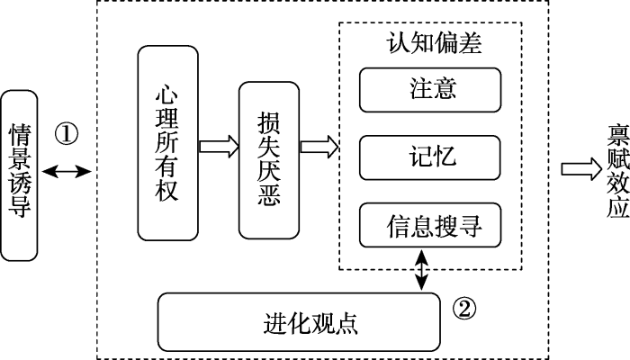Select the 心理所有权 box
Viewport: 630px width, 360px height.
tap(166, 144)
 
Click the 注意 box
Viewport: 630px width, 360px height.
tap(430, 89)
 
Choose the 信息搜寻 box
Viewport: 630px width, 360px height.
tap(430, 224)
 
